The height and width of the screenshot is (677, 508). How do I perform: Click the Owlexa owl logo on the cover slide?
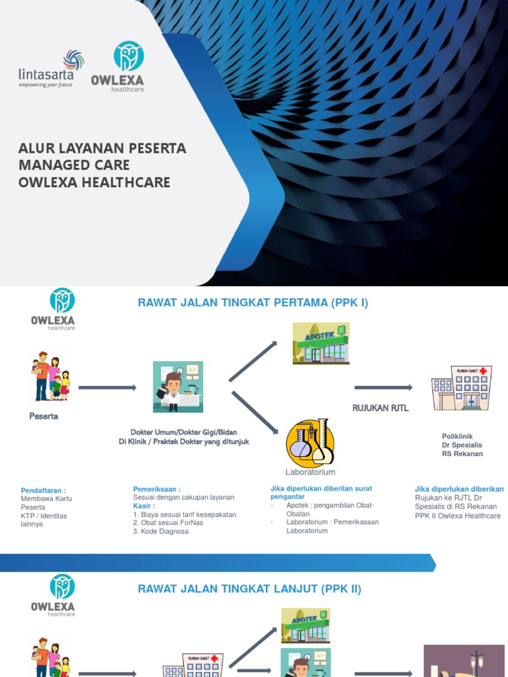tap(128, 66)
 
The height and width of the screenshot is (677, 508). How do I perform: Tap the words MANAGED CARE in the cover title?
tap(74, 165)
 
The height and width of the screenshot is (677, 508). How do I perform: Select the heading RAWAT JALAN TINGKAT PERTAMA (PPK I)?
tap(253, 303)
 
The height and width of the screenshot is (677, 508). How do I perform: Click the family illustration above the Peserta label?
tap(50, 376)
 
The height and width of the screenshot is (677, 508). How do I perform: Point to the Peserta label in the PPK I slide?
tap(44, 417)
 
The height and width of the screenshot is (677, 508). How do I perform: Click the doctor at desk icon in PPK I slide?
tap(178, 387)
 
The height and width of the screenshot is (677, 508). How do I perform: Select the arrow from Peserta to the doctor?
tap(107, 387)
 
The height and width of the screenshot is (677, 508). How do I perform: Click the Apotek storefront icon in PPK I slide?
tap(321, 343)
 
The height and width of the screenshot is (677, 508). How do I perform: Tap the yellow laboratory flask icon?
tap(310, 442)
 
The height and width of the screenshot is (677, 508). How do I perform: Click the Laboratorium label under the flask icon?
tap(310, 472)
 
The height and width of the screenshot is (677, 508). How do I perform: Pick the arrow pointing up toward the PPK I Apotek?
tap(253, 361)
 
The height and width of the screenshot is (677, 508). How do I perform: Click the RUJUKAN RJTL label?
tap(380, 409)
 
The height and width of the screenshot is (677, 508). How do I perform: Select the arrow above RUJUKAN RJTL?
tap(384, 388)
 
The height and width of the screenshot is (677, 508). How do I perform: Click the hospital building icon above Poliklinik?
tap(462, 387)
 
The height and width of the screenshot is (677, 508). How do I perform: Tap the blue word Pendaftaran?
tap(43, 490)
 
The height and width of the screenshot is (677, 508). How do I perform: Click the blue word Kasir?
tap(144, 506)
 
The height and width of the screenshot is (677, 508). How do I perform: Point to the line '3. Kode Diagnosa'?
tap(161, 532)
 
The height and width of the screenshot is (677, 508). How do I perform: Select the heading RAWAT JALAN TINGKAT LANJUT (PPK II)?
tap(249, 589)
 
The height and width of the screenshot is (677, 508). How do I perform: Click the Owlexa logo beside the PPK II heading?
tap(53, 594)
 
